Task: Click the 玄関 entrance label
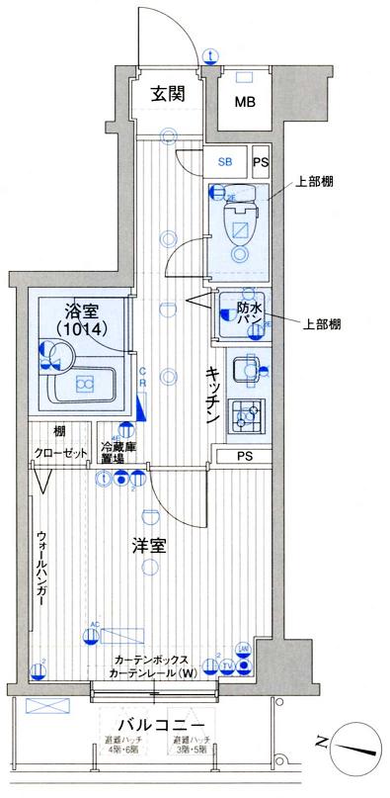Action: pyautogui.click(x=169, y=95)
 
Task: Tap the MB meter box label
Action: pyautogui.click(x=244, y=102)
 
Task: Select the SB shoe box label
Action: pyautogui.click(x=225, y=162)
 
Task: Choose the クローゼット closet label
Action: pyautogui.click(x=59, y=454)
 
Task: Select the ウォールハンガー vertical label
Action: pyautogui.click(x=41, y=568)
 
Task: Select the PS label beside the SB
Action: pyautogui.click(x=261, y=162)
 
